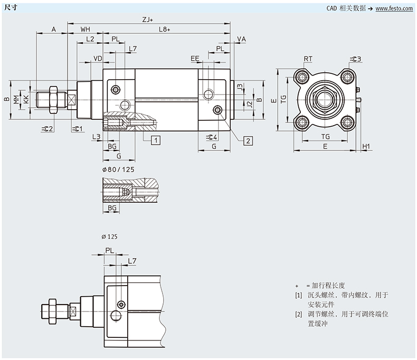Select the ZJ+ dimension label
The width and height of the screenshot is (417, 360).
147,20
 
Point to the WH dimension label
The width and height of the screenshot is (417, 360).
85,30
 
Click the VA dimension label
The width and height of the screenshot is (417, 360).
242,40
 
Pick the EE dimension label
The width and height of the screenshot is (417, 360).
195,58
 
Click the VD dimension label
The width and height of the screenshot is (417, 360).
98,58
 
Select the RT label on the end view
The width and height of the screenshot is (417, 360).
308,58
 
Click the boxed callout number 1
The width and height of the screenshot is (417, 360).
156,140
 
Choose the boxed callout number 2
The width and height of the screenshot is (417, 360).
248,140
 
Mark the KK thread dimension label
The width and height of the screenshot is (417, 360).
25,99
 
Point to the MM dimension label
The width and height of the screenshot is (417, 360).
17,99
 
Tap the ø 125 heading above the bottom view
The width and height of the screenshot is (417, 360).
109,236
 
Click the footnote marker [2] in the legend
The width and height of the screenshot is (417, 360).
299,315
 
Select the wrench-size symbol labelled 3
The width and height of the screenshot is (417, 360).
354,58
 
